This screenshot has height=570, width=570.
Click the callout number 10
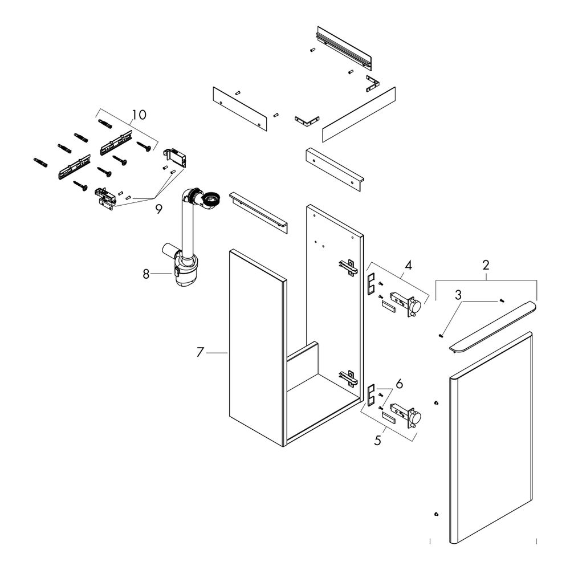point(139,115)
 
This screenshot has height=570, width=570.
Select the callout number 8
point(146,274)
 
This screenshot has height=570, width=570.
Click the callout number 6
point(400,384)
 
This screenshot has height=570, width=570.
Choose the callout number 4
point(408,265)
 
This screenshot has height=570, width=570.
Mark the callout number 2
point(486,265)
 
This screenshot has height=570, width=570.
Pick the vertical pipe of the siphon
point(186,222)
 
